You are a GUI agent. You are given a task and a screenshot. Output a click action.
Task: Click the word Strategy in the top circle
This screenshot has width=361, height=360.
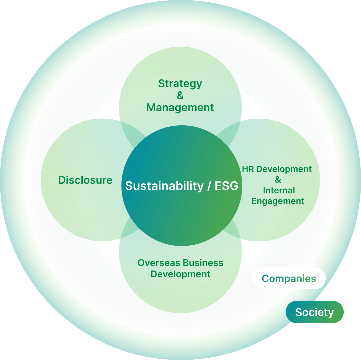(180, 84)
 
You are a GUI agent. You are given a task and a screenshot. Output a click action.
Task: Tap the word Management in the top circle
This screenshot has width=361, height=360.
(180, 108)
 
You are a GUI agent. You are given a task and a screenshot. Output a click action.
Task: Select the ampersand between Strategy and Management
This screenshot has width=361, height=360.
(180, 96)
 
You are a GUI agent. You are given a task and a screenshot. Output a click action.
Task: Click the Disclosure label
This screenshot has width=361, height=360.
(85, 180)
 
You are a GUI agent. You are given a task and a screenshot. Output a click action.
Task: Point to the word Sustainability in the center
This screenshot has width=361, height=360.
(164, 186)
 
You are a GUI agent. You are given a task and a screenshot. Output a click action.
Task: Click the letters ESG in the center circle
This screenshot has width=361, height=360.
(226, 186)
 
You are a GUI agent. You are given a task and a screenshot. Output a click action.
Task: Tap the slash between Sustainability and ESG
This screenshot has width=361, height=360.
(209, 186)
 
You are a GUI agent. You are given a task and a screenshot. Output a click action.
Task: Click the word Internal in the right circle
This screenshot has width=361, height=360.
(279, 191)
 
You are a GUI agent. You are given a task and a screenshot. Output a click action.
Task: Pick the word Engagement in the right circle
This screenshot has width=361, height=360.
(278, 201)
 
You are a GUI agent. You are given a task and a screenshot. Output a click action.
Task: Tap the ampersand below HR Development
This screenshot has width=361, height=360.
(278, 180)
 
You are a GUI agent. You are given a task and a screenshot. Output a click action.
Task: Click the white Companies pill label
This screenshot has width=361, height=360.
(289, 278)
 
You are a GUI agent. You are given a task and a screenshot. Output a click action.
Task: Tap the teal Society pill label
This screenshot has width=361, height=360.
(314, 312)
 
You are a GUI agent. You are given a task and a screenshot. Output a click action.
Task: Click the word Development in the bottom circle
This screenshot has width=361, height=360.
(180, 274)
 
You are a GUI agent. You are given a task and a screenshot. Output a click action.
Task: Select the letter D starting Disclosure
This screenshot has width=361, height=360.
(62, 180)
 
